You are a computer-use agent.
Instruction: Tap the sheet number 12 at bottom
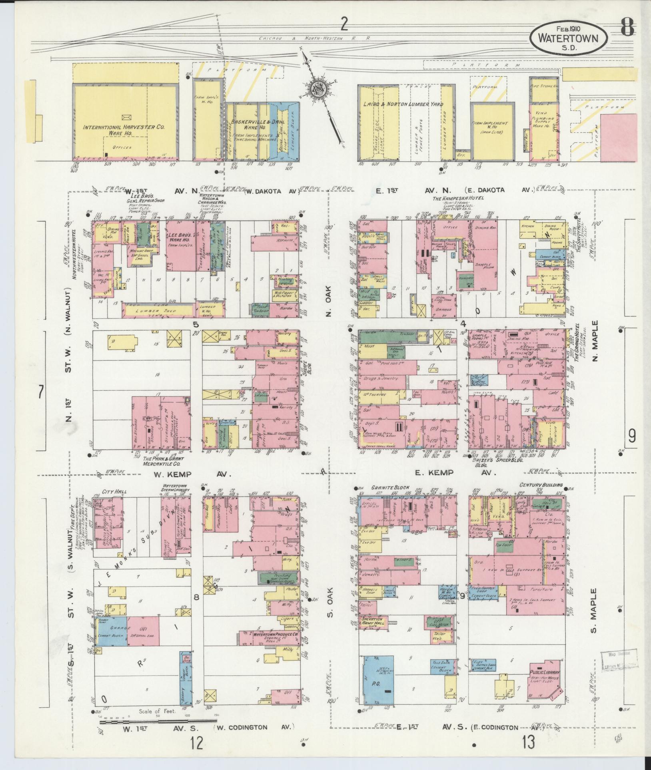tap(196, 744)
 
